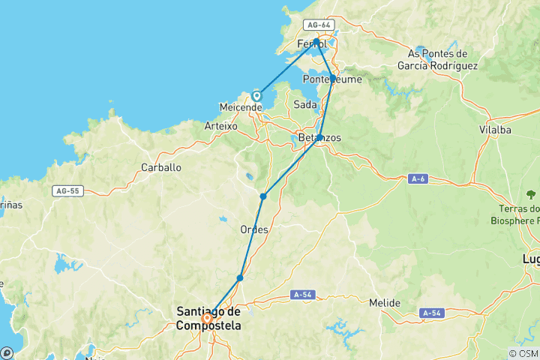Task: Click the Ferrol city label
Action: [311, 44]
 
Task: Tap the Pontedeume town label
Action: [332, 79]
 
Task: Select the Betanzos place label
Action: [319, 139]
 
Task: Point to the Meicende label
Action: [240, 107]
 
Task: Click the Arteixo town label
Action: [221, 127]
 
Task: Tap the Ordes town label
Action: [253, 229]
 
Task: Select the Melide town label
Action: [385, 303]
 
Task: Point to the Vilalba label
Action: [495, 130]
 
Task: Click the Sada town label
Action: [305, 104]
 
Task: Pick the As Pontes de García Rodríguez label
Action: [438, 59]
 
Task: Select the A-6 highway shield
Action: [418, 178]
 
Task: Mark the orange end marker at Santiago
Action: [207, 317]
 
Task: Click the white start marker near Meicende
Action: [256, 96]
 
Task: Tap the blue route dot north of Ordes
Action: [263, 196]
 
